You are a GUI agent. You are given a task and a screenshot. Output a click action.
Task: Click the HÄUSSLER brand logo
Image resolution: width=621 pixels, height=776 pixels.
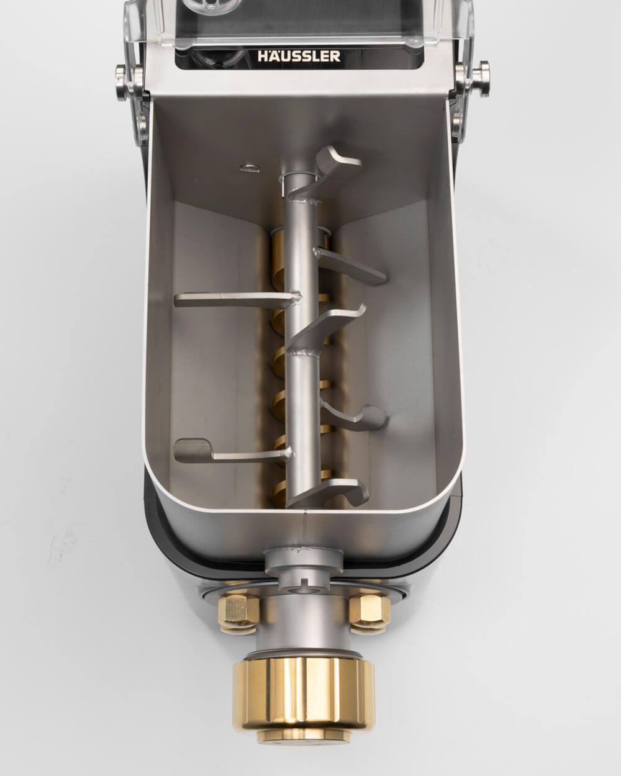coord(299,56)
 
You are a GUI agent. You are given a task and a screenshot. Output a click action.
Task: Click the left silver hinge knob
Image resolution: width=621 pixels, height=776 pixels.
coord(122,82)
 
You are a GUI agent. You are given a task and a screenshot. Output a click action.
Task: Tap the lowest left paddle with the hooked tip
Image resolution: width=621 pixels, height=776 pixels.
coord(233,451)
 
